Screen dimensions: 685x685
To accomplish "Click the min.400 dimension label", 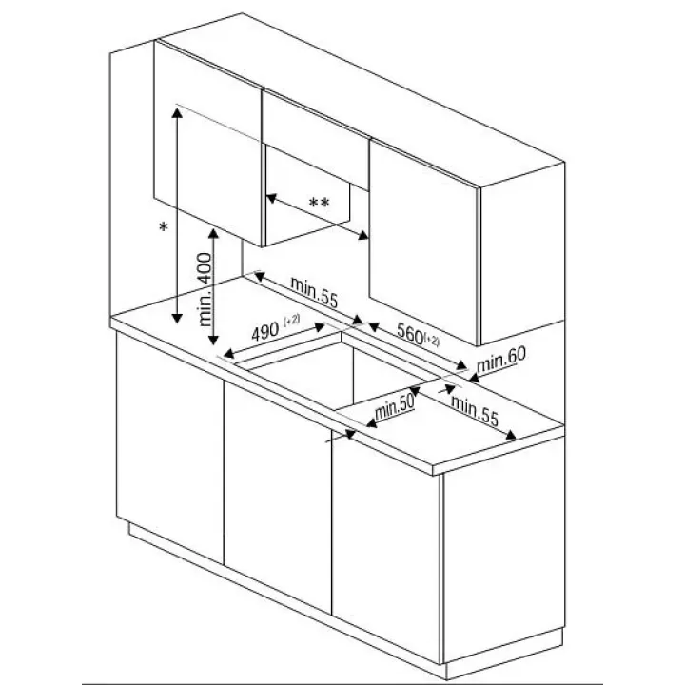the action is (205, 289).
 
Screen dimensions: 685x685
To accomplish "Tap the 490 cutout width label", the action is (264, 332).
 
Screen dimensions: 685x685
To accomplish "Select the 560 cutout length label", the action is (410, 333).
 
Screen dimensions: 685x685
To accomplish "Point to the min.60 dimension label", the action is (501, 361).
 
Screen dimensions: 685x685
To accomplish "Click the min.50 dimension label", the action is (394, 408).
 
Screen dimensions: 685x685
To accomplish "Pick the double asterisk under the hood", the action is (320, 203).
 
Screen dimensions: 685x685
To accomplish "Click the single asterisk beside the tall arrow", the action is (164, 227).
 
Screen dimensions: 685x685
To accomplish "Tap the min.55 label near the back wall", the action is (314, 292).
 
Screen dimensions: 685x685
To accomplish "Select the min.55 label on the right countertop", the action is (475, 411).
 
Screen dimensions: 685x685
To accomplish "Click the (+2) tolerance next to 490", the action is (292, 320).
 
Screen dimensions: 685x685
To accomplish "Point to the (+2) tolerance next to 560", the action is (431, 340).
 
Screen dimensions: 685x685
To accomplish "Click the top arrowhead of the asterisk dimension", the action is (177, 113).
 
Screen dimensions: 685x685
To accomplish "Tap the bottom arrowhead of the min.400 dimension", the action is (213, 339).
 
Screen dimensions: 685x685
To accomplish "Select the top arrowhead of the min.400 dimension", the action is (213, 234).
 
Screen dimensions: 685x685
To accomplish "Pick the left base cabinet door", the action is (170, 448).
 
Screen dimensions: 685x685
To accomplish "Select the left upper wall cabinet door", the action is (208, 145).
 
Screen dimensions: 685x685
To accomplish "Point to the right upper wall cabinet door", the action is (423, 243).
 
